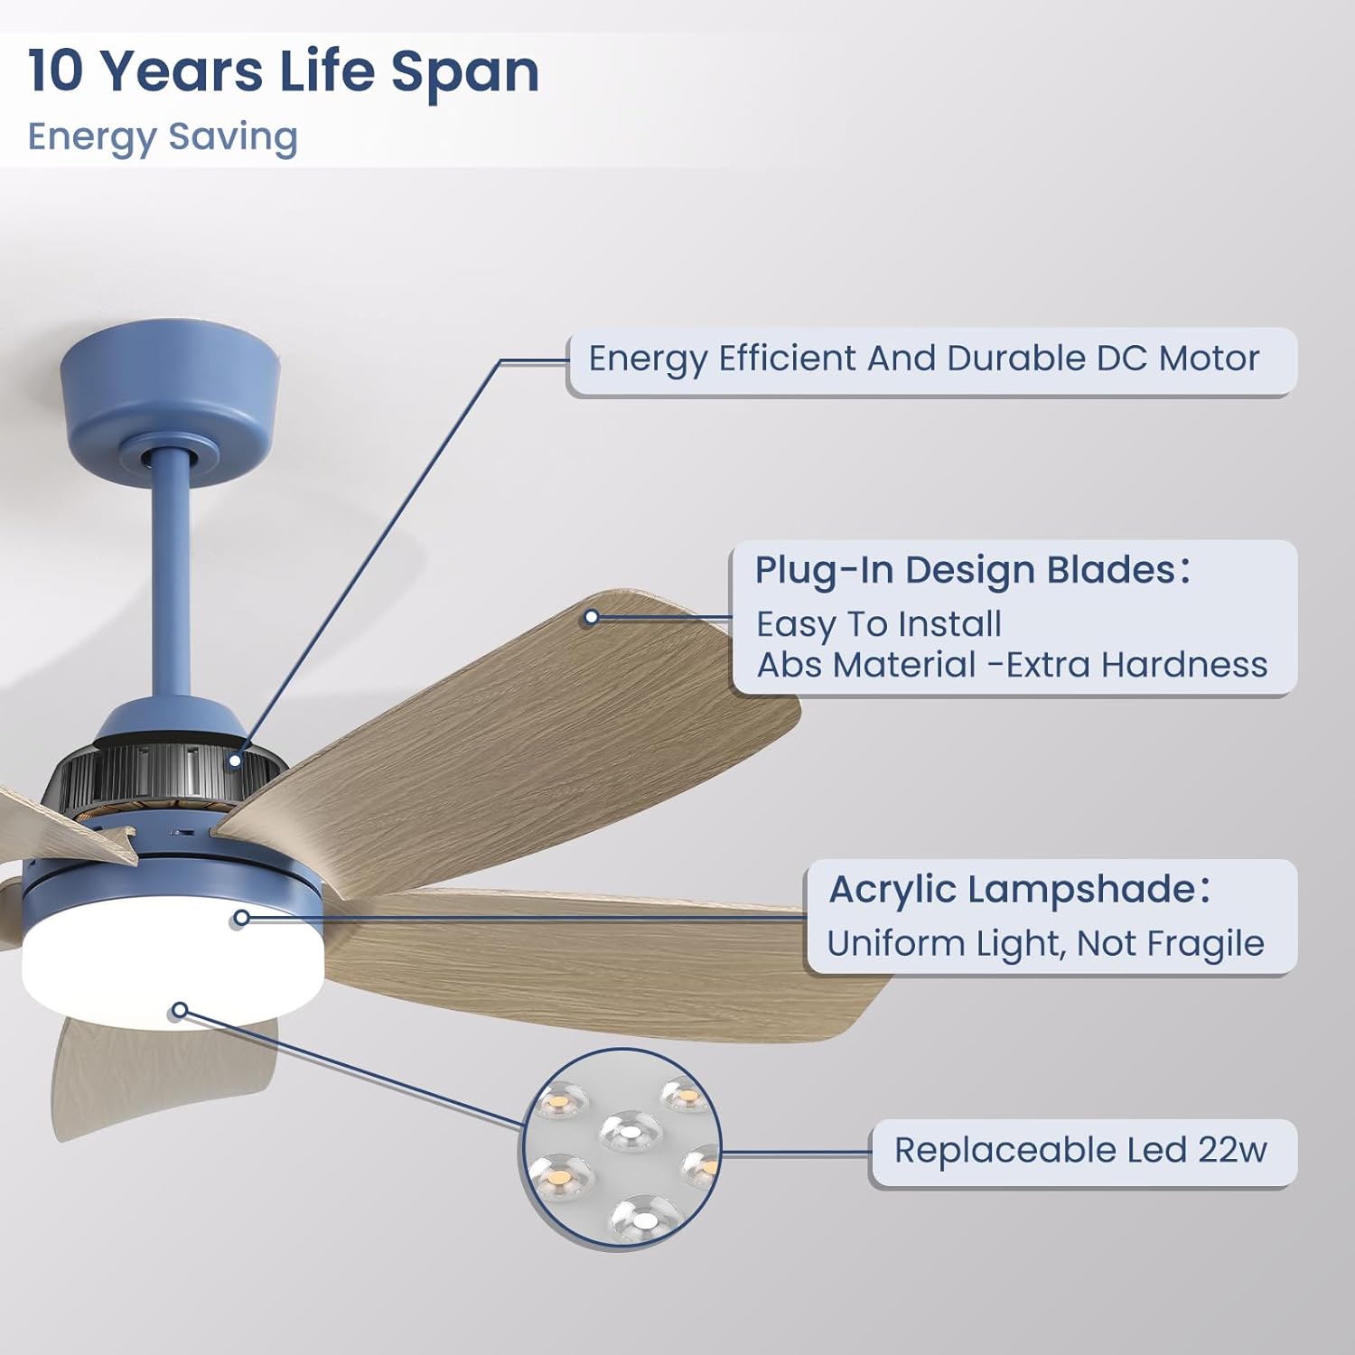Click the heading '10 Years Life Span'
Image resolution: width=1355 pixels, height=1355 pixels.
coord(284,72)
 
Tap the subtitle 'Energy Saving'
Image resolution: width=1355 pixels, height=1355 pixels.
coord(163,137)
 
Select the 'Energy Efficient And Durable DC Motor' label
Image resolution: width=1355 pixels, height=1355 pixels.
coord(923,360)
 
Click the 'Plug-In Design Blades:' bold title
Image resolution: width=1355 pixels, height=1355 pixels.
coord(972,570)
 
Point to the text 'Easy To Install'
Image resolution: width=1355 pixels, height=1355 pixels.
coord(879,624)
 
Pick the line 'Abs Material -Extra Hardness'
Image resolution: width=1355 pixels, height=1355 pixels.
coord(1012,665)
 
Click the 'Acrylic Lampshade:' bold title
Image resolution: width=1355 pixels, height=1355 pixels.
coord(1019,890)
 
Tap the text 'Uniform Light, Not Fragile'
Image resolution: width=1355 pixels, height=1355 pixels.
coord(1045,944)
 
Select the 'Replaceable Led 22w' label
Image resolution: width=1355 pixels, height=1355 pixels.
coord(1080,1151)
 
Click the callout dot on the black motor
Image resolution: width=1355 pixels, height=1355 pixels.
coord(235,760)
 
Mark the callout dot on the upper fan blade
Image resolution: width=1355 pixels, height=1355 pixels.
coord(592,618)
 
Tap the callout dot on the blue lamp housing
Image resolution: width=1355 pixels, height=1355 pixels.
coord(241,919)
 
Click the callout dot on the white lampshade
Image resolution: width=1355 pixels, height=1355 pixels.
coord(180,1010)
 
